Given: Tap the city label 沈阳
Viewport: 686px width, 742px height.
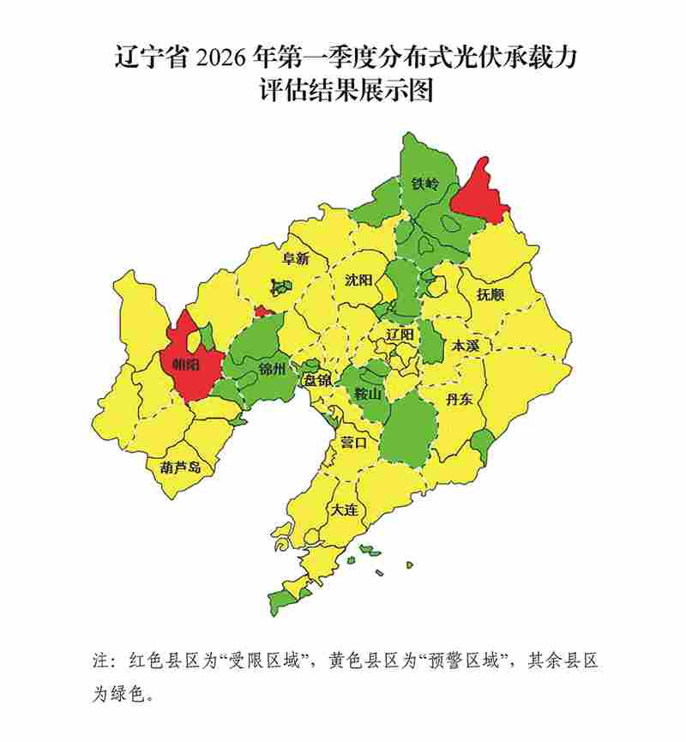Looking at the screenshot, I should click(x=358, y=281).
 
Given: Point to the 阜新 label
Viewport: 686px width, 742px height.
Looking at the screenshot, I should click(x=295, y=258).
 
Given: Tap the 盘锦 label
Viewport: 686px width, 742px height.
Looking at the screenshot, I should click(x=317, y=380).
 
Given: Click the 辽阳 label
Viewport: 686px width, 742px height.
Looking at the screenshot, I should click(x=400, y=334).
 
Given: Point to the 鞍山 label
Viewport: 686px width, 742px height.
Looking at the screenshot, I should click(x=368, y=395).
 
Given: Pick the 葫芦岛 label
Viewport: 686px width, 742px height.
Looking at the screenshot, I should click(x=180, y=468).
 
